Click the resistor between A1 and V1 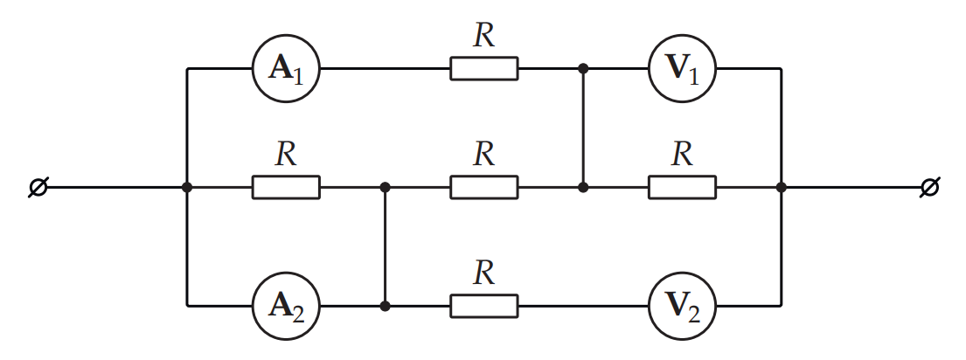(484, 68)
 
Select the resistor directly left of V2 (484, 305)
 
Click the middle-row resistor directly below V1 (683, 187)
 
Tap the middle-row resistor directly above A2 (287, 187)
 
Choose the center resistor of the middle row (484, 187)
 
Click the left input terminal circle (38, 187)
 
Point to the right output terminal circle (929, 187)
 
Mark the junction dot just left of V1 (583, 68)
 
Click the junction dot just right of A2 (385, 305)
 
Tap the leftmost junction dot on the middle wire (187, 187)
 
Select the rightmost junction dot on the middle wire (782, 187)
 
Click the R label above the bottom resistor (484, 273)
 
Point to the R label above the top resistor (484, 36)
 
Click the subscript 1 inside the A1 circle (298, 76)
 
